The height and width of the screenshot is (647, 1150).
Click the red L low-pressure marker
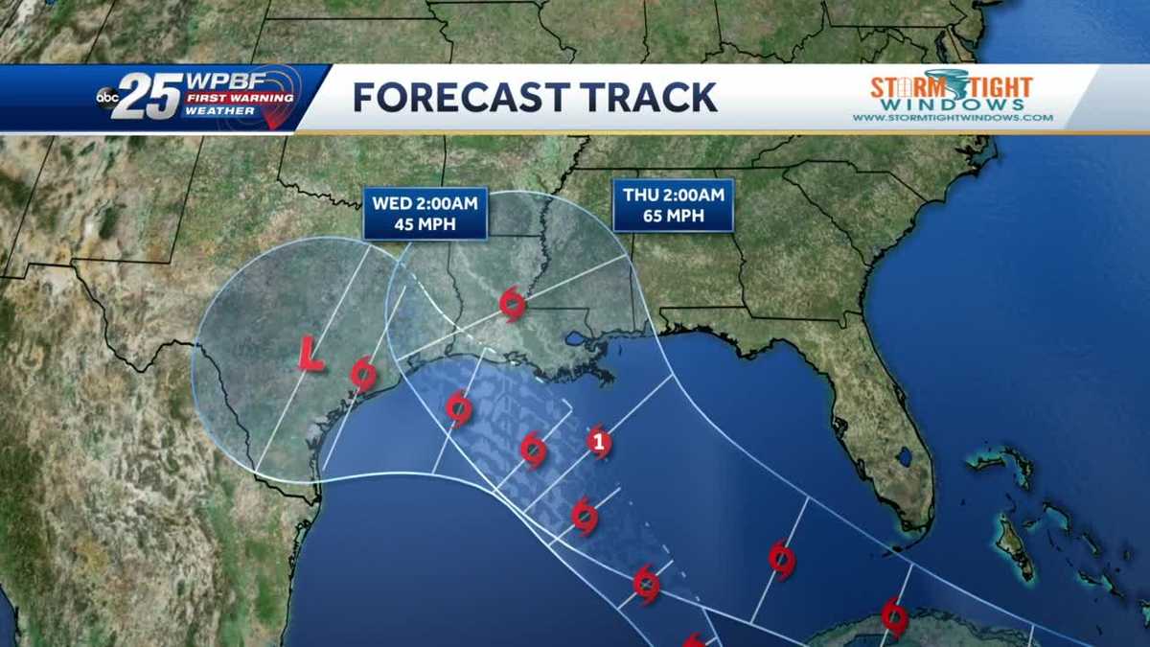point(309,353)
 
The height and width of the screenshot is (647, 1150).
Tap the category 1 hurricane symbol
point(599,443)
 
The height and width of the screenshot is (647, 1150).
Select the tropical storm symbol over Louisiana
point(513,304)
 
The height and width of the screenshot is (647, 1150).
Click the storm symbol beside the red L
point(362,373)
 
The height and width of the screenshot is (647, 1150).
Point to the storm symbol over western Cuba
point(894,616)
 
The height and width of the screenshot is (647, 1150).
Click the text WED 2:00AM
point(425,203)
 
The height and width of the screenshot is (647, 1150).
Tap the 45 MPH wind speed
point(425,225)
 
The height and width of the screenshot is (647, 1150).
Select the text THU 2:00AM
point(673,195)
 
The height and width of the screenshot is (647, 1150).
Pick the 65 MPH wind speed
point(673,217)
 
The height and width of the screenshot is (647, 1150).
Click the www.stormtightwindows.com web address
point(953,118)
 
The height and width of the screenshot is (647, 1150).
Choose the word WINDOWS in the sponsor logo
point(952,104)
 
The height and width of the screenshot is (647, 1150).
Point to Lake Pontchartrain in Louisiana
point(576,339)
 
